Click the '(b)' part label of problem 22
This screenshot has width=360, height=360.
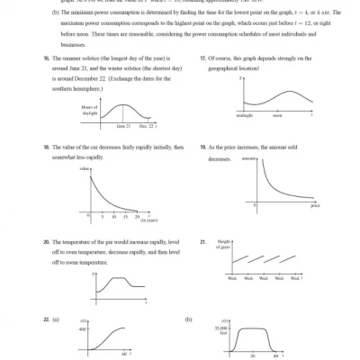click(x=188, y=319)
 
